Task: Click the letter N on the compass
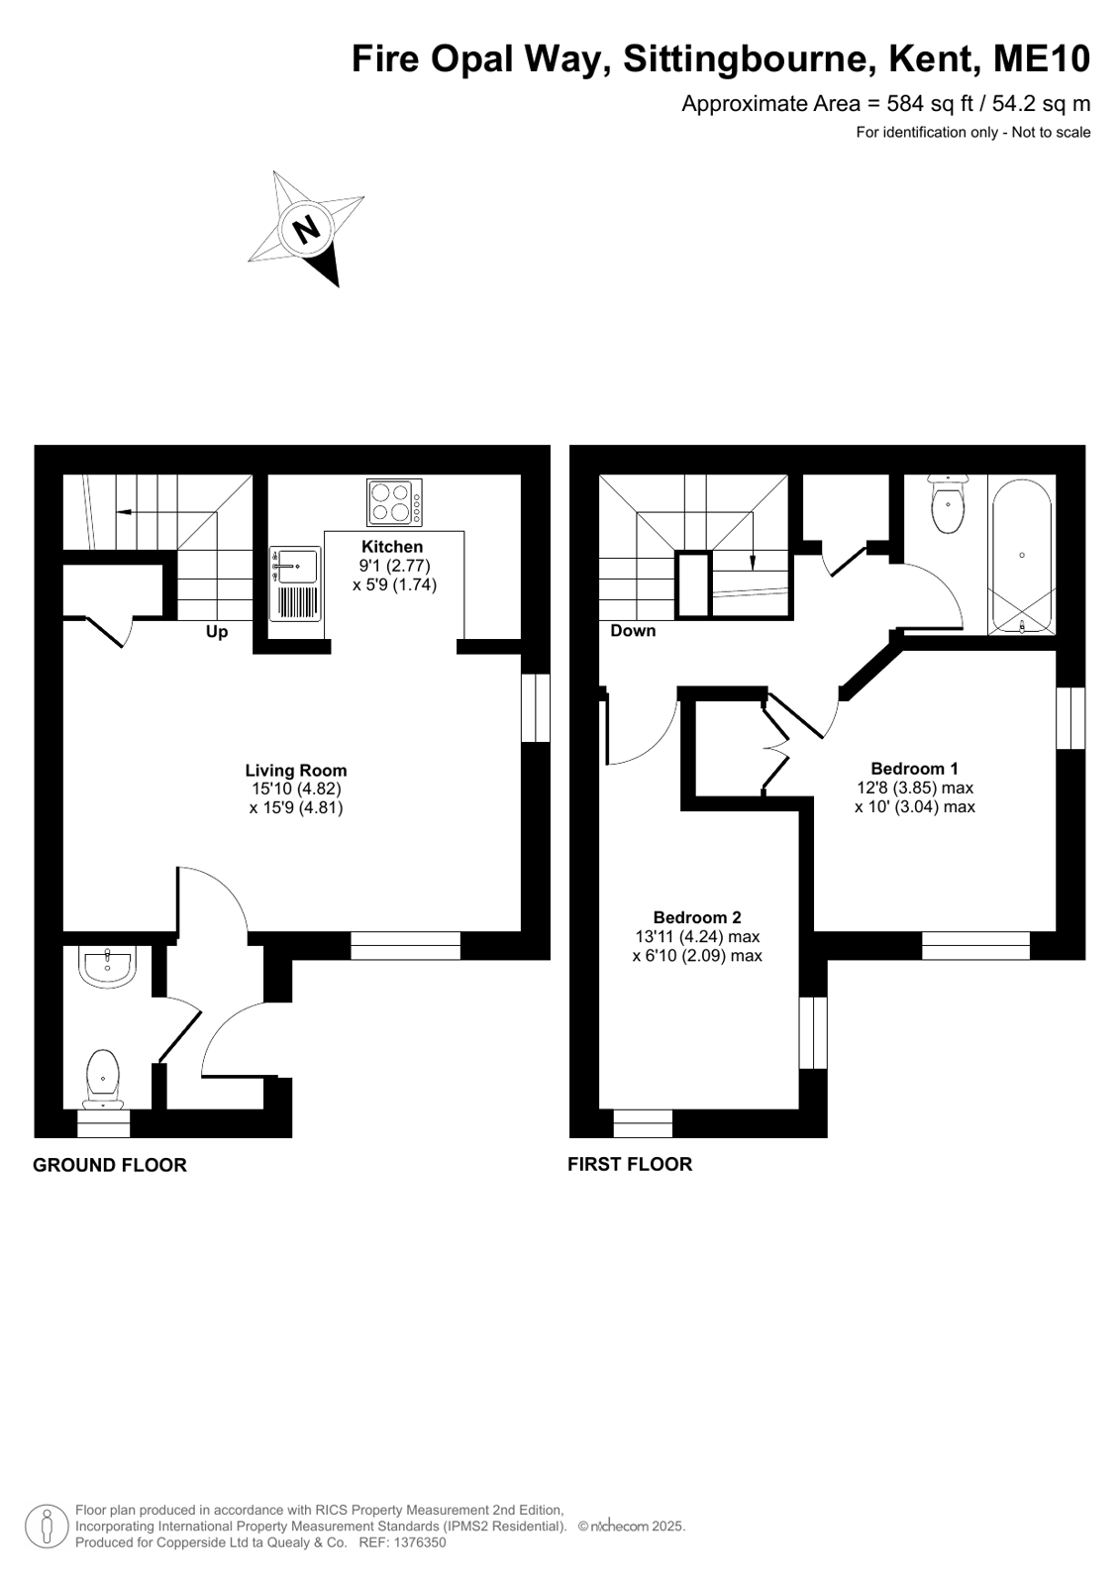(x=306, y=229)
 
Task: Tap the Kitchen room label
(x=392, y=547)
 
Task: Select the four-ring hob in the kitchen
(x=394, y=502)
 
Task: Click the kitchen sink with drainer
(x=295, y=584)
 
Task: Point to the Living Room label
(x=295, y=770)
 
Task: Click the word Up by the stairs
(x=216, y=631)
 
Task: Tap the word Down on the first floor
(x=633, y=630)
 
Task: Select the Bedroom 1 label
(x=914, y=768)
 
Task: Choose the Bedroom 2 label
(x=696, y=917)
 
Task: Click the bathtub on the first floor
(x=1022, y=555)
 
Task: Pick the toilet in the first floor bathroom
(x=948, y=502)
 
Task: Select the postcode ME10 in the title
(x=1042, y=58)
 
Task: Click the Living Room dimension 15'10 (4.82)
(x=295, y=789)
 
